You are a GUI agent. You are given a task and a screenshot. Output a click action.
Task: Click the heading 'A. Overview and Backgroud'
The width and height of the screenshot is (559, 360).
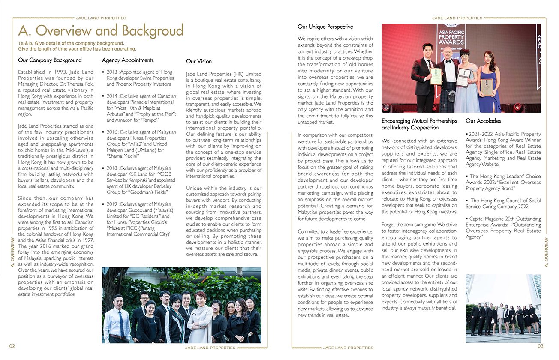tap(101, 31)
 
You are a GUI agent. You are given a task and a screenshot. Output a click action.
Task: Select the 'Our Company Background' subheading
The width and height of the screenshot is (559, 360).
tap(50, 60)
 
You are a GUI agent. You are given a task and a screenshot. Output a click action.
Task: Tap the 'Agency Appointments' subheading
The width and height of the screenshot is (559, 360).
tap(128, 60)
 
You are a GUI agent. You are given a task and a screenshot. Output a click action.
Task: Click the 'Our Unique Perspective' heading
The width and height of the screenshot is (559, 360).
tap(325, 27)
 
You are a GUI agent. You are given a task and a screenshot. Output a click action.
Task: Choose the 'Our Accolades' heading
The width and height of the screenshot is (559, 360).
tap(483, 121)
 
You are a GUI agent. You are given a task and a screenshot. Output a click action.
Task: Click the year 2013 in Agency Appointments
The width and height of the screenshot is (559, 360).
tap(112, 72)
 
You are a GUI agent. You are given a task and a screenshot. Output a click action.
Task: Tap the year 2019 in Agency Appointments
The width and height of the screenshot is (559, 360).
tap(112, 204)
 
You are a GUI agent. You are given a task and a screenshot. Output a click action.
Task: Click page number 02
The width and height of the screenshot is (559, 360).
tap(12, 346)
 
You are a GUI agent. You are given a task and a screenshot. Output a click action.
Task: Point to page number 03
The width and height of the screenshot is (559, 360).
tap(541, 346)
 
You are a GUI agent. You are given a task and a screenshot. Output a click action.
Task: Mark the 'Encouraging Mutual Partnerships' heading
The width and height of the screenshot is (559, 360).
tap(419, 124)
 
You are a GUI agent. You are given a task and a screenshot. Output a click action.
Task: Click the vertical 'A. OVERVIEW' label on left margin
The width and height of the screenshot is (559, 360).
tap(12, 253)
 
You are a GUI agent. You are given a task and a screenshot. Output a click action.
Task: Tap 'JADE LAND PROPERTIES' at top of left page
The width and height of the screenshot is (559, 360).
tap(101, 18)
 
